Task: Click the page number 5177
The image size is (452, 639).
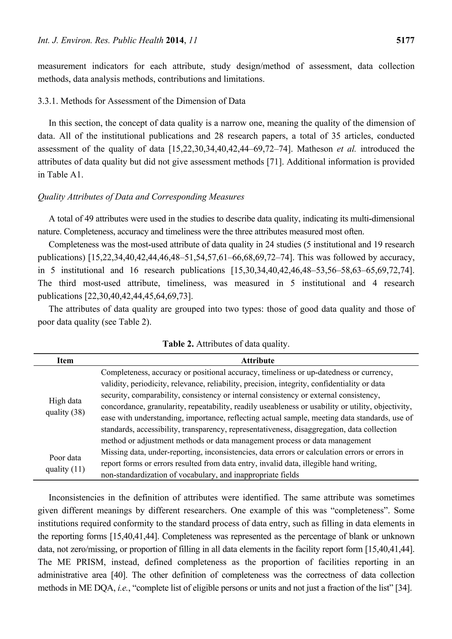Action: pos(405,41)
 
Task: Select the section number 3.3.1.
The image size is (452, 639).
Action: pos(48,101)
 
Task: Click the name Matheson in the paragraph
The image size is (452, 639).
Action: pos(315,149)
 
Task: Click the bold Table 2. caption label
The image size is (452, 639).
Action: pos(178,344)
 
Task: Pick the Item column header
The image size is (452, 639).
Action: pos(65,361)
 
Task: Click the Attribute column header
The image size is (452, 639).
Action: pos(258,361)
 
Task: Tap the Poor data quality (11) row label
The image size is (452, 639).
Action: pos(65,463)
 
